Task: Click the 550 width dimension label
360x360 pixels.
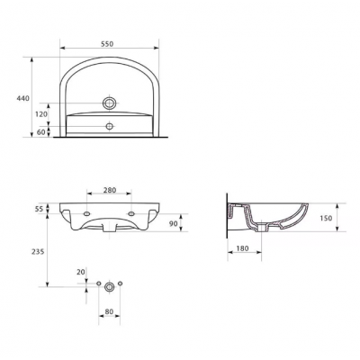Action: tap(107, 44)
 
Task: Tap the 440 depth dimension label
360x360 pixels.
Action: tap(23, 98)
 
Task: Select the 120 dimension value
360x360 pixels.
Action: tap(41, 114)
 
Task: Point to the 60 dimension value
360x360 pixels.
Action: tap(40, 132)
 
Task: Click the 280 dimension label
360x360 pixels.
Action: tap(110, 190)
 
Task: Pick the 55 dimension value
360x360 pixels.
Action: tap(39, 209)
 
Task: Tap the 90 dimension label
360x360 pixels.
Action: tap(173, 223)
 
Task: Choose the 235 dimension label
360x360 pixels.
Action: tap(38, 251)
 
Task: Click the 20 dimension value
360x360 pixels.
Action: tap(81, 272)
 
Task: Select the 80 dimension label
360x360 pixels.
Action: tap(109, 311)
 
